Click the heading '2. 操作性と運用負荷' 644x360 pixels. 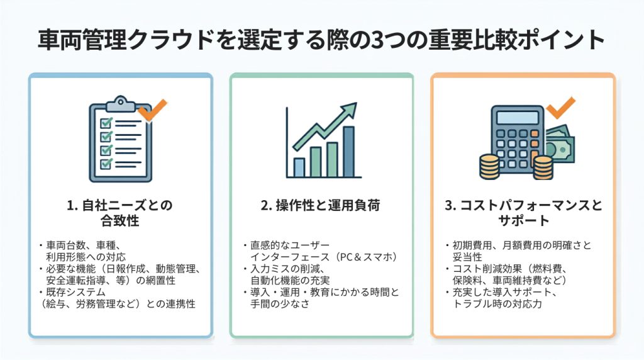320,205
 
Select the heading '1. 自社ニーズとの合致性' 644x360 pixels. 120,213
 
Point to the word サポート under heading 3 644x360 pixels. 523,221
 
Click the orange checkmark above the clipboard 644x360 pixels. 152,110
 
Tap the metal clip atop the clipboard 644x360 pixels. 120,103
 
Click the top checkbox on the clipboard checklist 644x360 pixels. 106,123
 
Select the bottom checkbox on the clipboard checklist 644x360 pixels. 106,164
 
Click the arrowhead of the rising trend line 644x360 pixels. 350,110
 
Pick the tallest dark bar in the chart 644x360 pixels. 348,152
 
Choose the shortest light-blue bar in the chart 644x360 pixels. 299,167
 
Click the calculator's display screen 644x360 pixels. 517,118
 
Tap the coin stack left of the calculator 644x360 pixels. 489,166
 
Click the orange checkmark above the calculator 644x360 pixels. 561,108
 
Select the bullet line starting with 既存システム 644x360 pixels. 72,292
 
